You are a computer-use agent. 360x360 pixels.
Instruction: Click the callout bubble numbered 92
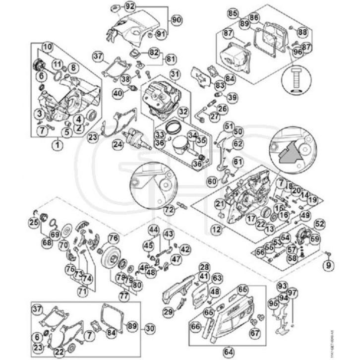(130, 7)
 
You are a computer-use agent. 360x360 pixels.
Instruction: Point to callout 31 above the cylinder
(174, 74)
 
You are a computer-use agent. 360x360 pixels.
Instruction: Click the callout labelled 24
(118, 144)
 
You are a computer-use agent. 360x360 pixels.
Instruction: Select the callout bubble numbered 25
(34, 223)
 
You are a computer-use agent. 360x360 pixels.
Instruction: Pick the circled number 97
(292, 293)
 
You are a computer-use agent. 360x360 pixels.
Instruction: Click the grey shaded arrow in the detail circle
(288, 152)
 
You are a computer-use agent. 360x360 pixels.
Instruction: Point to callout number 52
(319, 224)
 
